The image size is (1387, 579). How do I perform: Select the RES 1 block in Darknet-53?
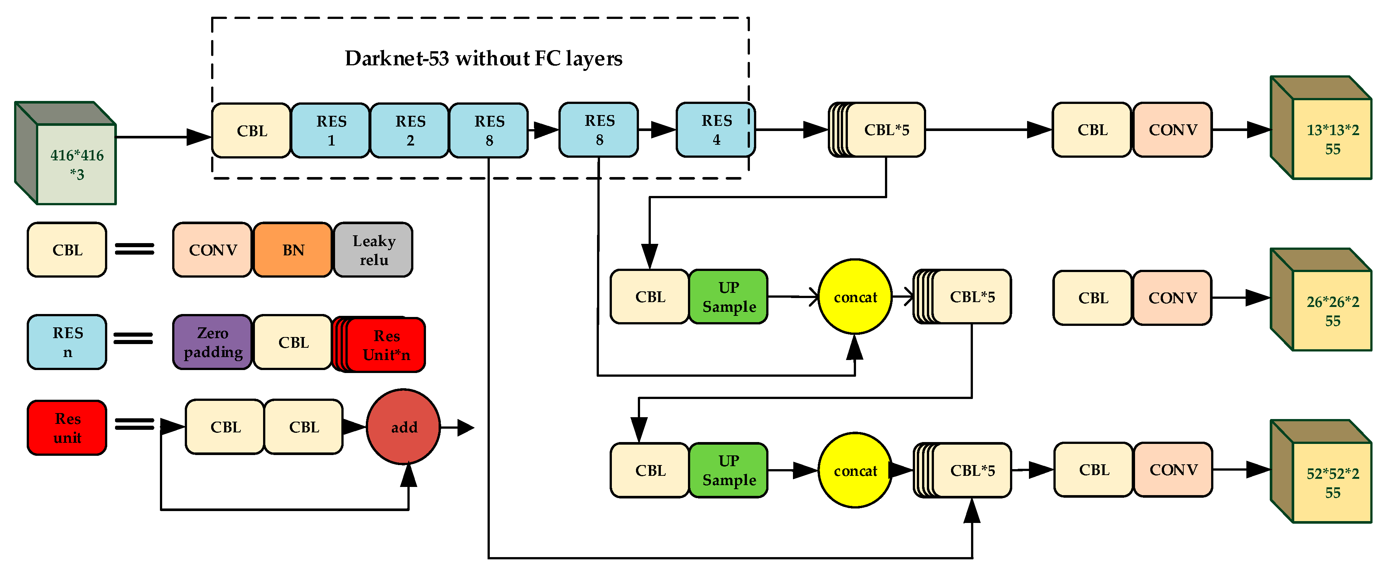coord(331,130)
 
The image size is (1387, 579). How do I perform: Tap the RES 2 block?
coord(410,130)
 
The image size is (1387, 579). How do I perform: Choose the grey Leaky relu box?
coord(374,250)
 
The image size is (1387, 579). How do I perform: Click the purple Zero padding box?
coord(213,343)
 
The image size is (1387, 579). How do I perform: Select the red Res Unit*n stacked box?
coord(386,345)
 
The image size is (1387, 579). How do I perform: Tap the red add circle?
coord(403,427)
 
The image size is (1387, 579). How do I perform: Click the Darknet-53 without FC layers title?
coord(483,58)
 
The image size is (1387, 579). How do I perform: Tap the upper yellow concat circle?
coord(855,297)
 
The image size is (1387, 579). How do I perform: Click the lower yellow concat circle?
coord(855,470)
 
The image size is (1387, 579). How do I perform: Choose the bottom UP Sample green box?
coord(728,470)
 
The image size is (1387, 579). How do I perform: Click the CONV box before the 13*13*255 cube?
coord(1172,130)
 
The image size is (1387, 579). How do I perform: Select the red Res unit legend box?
coord(67,428)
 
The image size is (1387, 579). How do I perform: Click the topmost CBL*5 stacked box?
coord(885,130)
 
